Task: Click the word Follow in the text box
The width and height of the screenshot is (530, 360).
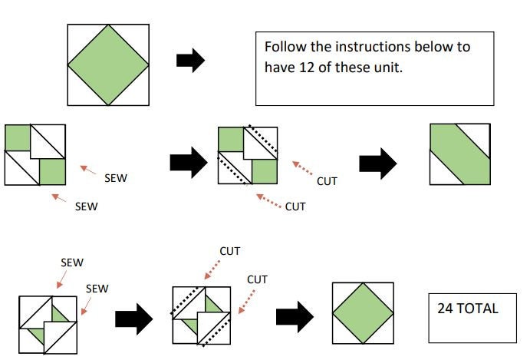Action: tap(284, 48)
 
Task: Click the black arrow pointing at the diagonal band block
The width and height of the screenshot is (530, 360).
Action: tap(378, 161)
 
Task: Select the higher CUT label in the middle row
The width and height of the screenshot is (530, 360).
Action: tap(328, 182)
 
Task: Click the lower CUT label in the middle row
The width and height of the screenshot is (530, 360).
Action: tap(295, 206)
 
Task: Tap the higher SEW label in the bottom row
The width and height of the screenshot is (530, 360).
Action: tap(71, 262)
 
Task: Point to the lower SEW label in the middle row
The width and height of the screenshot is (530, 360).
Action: tap(86, 206)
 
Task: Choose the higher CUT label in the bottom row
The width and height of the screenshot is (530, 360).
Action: tap(230, 250)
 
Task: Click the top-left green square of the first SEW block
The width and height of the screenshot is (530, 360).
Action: tap(17, 137)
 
